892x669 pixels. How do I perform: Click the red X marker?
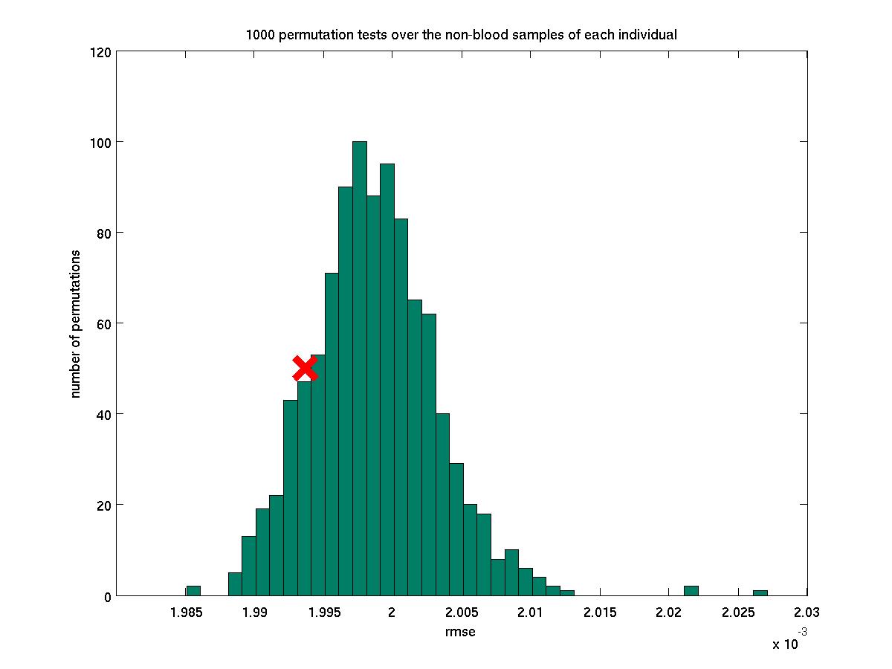click(305, 368)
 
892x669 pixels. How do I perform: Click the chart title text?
click(461, 35)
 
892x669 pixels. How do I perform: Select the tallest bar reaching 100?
click(360, 368)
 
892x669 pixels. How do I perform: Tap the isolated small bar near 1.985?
click(193, 591)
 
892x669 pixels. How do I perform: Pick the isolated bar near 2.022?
click(691, 591)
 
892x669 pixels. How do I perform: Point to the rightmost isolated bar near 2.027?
click(760, 593)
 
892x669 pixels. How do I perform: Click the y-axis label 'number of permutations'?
click(76, 323)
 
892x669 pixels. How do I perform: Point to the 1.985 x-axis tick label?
click(186, 613)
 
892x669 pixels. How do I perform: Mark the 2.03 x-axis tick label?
click(807, 613)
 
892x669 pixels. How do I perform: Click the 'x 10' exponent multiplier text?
click(785, 644)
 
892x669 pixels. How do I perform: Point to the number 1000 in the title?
click(260, 35)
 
